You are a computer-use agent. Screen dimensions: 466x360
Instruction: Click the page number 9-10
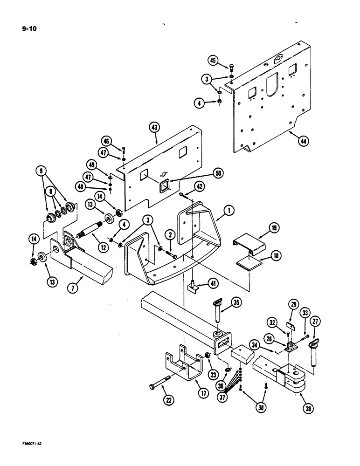click(x=29, y=28)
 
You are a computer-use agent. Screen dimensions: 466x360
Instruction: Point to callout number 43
click(x=154, y=127)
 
